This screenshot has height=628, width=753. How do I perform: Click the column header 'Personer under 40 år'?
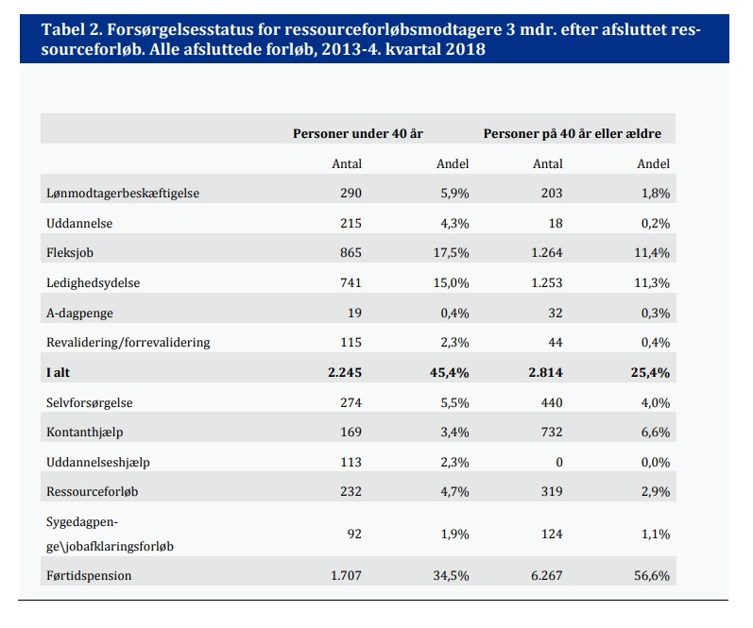[x=358, y=133]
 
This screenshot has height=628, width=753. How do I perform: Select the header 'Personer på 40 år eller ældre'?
[x=572, y=133]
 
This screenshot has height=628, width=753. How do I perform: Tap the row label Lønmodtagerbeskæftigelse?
[x=123, y=194]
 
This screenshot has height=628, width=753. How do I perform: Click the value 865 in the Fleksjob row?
[x=351, y=252]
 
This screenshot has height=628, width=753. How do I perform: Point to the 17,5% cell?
[x=451, y=253]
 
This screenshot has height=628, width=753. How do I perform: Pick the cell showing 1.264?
[x=546, y=252]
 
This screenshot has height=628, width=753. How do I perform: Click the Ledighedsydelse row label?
[x=93, y=282]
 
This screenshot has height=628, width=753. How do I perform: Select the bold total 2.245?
[x=344, y=373]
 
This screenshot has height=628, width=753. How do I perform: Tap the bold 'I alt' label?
[x=58, y=373]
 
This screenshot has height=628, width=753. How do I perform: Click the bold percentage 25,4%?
[x=650, y=373]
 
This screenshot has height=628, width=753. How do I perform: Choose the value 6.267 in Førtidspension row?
[x=546, y=575]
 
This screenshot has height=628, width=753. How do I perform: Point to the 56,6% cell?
[x=652, y=576]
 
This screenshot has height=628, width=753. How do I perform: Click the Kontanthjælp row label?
[x=84, y=433]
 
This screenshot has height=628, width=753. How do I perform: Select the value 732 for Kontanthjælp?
[x=552, y=433]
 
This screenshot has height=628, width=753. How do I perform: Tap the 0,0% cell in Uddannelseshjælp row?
[x=655, y=463]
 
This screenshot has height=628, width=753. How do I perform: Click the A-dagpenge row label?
[x=79, y=313]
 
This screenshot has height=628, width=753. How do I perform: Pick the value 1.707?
[x=346, y=575]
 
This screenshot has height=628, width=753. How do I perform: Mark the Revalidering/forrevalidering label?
[x=128, y=342]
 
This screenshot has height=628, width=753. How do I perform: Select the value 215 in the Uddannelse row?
[x=351, y=223]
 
